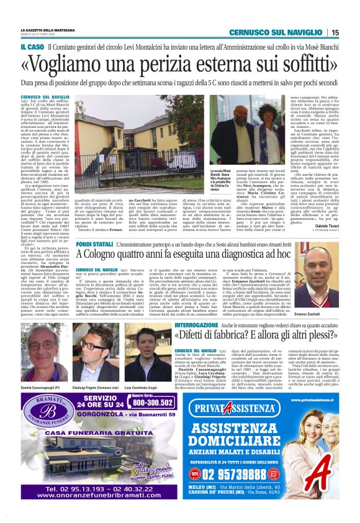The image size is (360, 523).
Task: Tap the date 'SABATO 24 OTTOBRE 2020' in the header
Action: point(35,35)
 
